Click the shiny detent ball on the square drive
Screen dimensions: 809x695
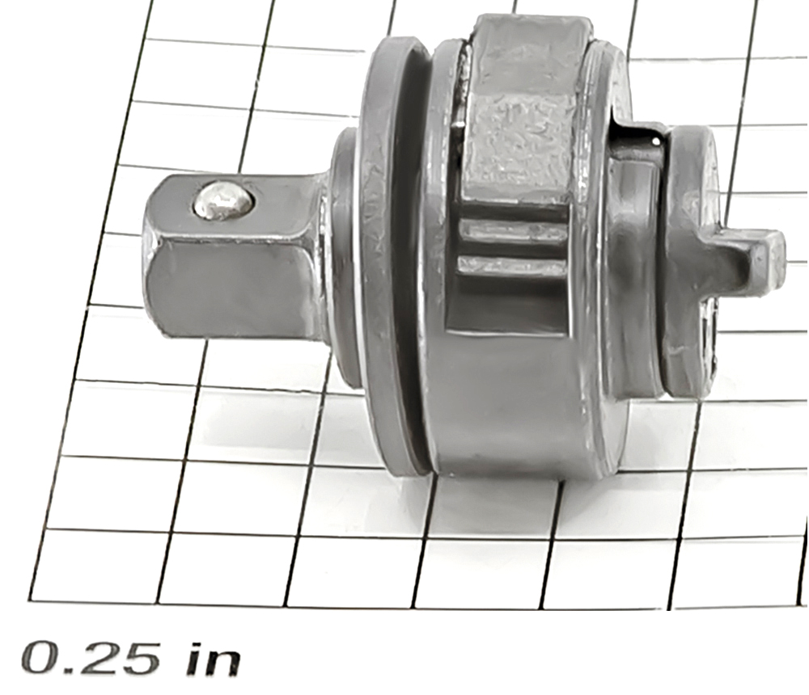point(223,200)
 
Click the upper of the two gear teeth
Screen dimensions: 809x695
point(514,230)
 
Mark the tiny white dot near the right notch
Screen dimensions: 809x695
point(655,140)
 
